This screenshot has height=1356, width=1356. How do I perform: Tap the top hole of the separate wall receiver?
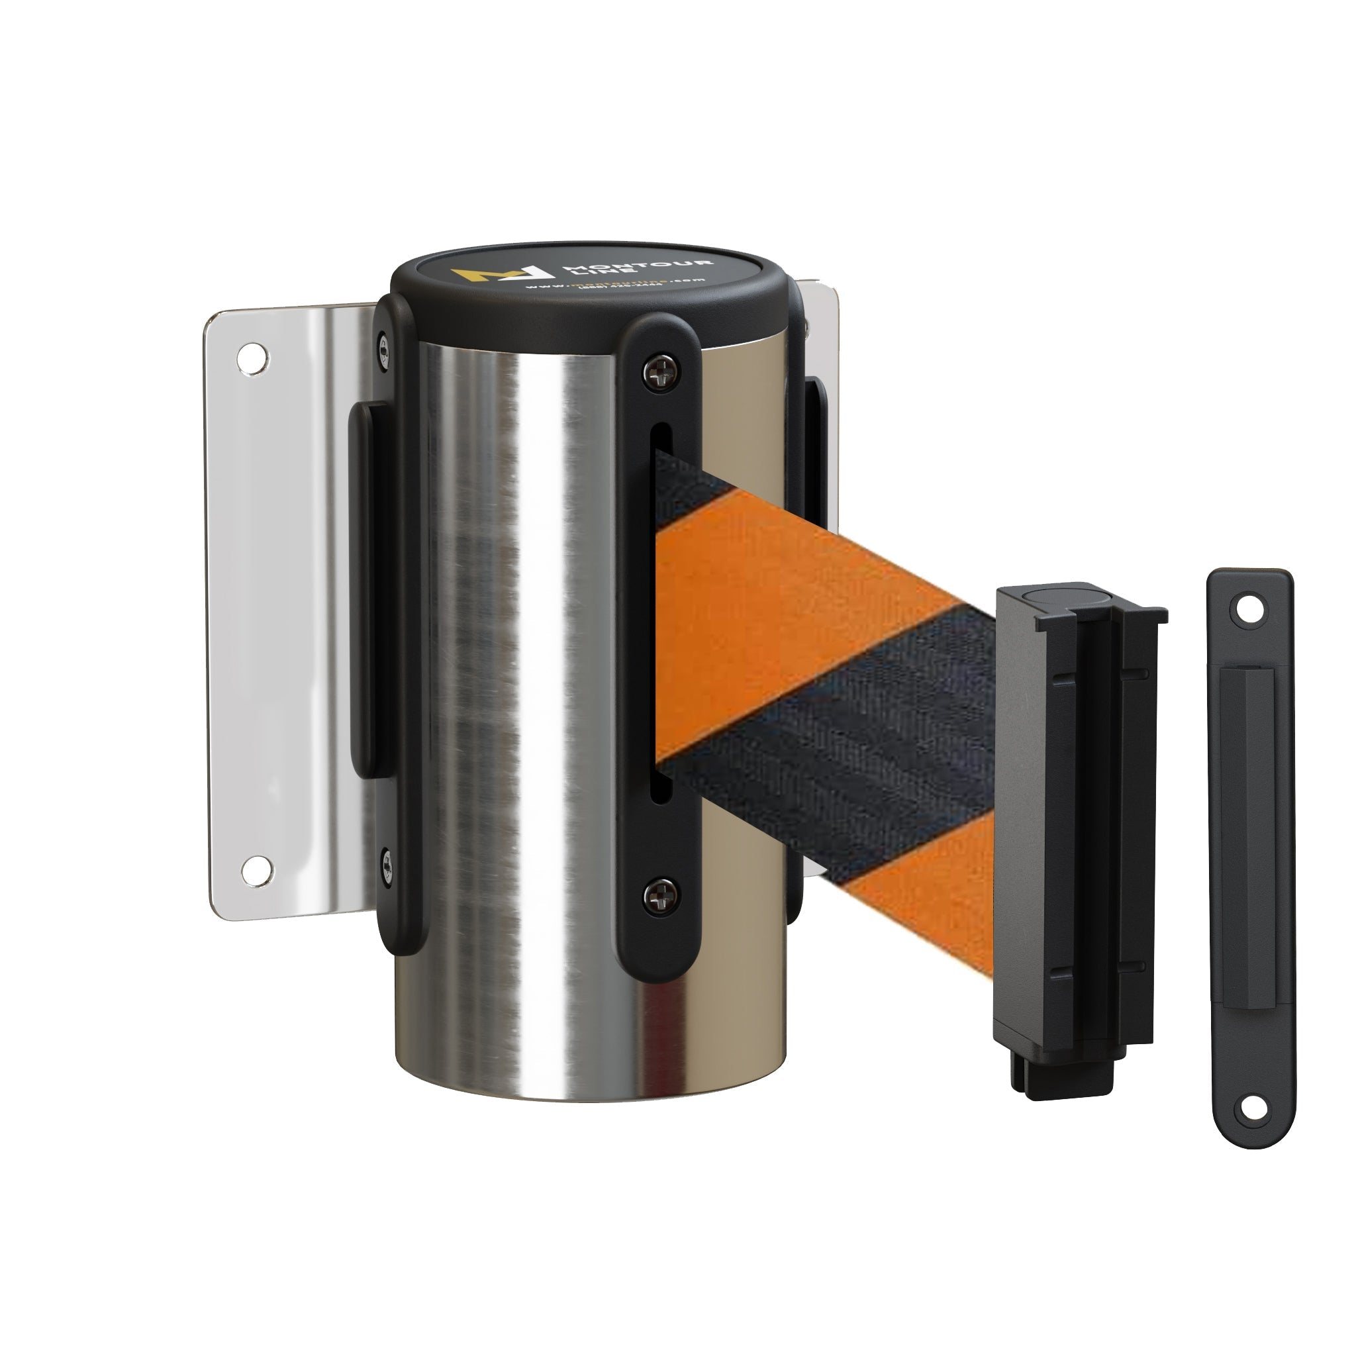1248,610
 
